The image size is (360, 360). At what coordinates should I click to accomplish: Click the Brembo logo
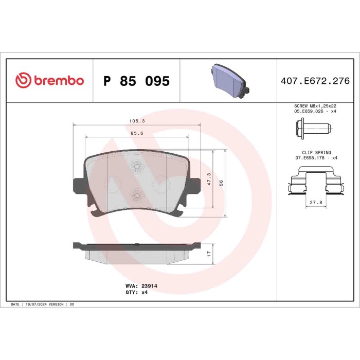[x=49, y=81]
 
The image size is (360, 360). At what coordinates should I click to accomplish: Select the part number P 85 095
[x=136, y=81]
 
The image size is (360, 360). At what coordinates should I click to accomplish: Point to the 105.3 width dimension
[x=136, y=121]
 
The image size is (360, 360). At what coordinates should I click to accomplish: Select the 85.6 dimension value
[x=136, y=133]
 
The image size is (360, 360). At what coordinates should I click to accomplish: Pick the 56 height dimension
[x=221, y=183]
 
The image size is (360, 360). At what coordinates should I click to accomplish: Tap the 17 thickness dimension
[x=209, y=253]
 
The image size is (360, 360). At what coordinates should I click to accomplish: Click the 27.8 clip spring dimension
[x=314, y=203]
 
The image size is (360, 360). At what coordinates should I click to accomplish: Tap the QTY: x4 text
[x=136, y=291]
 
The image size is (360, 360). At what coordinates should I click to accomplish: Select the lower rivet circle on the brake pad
[x=136, y=194]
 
